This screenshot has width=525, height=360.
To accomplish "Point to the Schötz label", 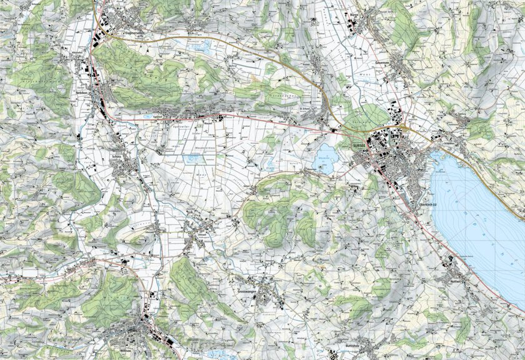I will point(116,157).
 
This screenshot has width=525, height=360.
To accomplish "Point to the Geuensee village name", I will point(383,63).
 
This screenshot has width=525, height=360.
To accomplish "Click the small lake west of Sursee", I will point(325,159).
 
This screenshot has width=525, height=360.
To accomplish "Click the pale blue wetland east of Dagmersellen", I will point(202,46).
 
